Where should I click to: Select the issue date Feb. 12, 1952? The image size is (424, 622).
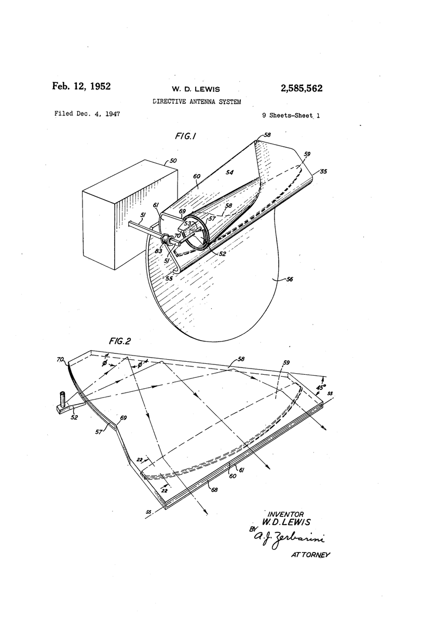click(x=81, y=86)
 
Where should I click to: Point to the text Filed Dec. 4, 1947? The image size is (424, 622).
click(x=87, y=114)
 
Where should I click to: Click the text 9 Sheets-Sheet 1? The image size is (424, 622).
click(x=291, y=116)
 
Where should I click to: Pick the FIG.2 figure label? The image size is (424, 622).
click(x=120, y=341)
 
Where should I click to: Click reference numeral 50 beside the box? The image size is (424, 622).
click(x=173, y=161)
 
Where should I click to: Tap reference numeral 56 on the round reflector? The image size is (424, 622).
click(x=289, y=279)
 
